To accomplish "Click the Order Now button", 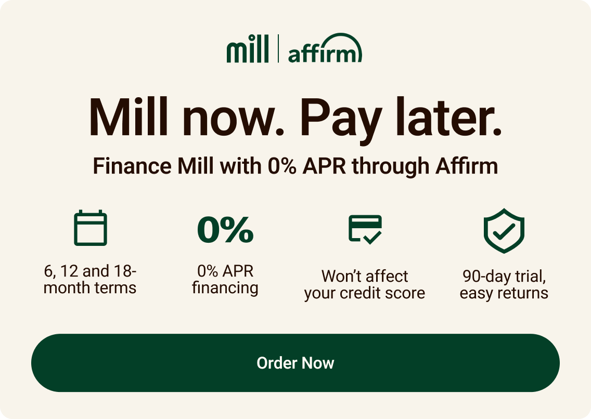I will coord(295,363).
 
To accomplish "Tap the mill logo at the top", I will coord(248,49).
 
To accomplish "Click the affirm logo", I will coord(325,50).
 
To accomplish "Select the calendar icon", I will coord(91,228).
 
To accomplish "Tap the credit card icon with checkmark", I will coord(365,229).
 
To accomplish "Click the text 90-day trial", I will coord(504,276).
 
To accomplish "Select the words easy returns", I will coord(504,293).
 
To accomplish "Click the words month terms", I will coord(90,287).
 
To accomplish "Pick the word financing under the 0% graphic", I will coord(225,287).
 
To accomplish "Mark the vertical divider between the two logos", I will coord(278,48).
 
